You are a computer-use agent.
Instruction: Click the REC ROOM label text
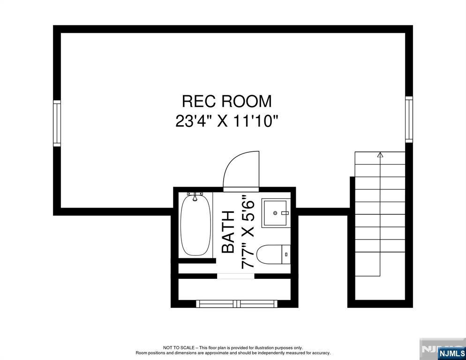coord(227,101)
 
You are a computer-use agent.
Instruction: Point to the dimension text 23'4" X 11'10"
coord(227,121)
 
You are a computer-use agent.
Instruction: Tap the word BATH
coord(228,232)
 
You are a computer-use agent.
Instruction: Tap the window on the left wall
coord(57,123)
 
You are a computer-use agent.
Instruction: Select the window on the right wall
coord(409,120)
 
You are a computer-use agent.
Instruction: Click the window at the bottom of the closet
coord(237,304)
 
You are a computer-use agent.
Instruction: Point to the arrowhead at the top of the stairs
coord(380,154)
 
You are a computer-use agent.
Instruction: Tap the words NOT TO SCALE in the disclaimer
coord(178,348)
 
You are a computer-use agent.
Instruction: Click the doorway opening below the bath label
coord(235,276)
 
